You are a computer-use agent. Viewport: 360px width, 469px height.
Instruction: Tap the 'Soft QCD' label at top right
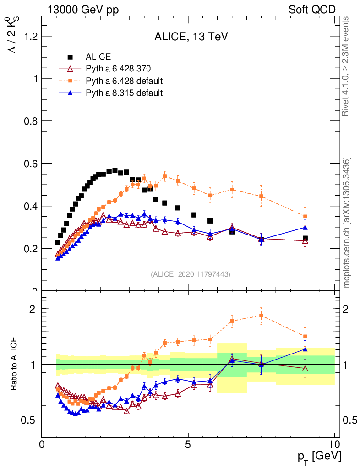[x=312, y=10]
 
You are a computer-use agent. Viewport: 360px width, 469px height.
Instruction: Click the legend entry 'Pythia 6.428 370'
[x=118, y=69]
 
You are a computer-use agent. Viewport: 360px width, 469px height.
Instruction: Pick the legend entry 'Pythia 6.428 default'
[x=124, y=81]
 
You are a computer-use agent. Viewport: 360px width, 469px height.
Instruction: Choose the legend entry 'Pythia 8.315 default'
[x=124, y=93]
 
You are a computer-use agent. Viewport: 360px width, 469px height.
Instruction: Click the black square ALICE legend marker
[x=70, y=57]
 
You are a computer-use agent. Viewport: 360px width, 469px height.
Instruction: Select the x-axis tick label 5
[x=188, y=444]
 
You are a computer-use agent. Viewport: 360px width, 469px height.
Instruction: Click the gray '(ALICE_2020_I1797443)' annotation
[x=191, y=274]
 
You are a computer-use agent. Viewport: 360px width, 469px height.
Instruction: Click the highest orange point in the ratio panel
[x=261, y=316]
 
